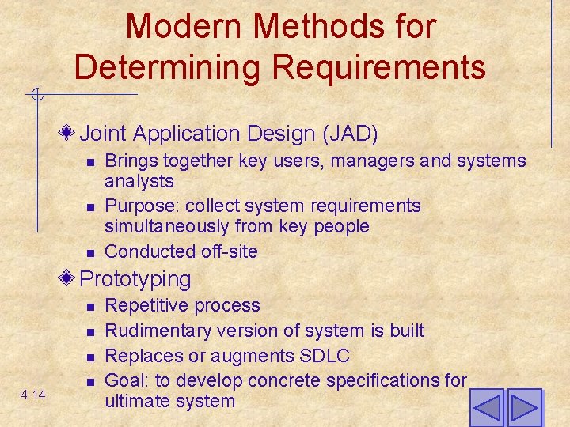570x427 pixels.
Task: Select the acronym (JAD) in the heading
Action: tap(350, 133)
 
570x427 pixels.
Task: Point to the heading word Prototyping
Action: tap(135, 279)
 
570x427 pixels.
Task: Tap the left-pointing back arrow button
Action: tap(487, 408)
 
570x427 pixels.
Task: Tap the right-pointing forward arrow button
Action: tap(524, 408)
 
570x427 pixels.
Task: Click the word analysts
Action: tap(139, 182)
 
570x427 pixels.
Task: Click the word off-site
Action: tap(230, 251)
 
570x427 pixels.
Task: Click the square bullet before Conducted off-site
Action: tap(91, 252)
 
